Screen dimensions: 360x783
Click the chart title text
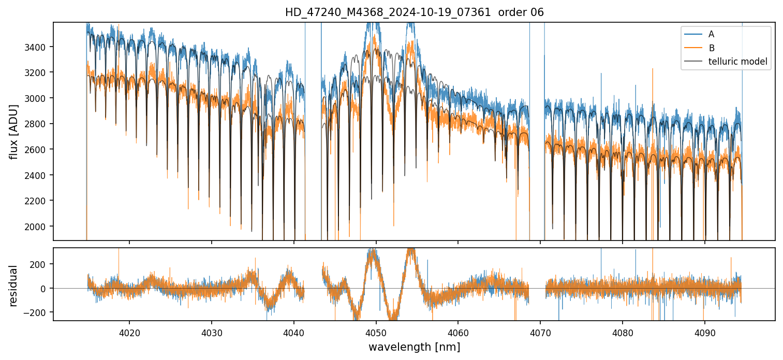pyautogui.click(x=414, y=12)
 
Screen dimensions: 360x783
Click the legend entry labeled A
pyautogui.click(x=711, y=34)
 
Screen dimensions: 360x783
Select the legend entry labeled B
pyautogui.click(x=711, y=48)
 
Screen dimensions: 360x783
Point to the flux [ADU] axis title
pyautogui.click(x=13, y=131)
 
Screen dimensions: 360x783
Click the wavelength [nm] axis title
pyautogui.click(x=414, y=347)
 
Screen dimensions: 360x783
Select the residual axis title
pyautogui.click(x=13, y=285)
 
